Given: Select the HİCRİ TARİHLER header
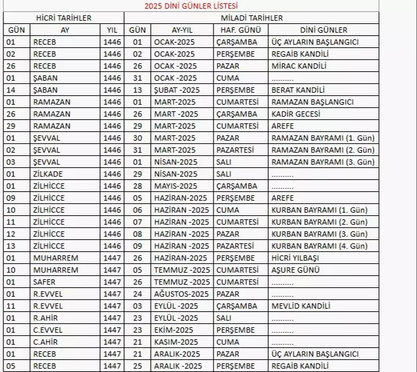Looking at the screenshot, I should [x=63, y=18].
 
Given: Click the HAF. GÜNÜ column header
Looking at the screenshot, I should [x=240, y=30].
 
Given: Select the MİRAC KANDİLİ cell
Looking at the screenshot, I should [x=298, y=66].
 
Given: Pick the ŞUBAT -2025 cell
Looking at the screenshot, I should [x=176, y=90].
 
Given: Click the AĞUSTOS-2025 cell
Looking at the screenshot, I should [x=180, y=294].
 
